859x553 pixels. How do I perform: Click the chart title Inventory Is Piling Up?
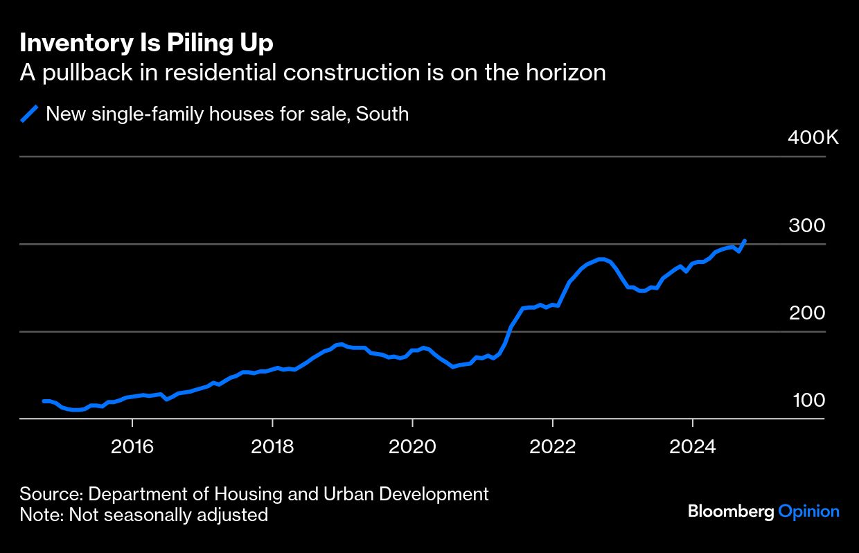point(146,43)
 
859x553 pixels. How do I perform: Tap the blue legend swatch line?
point(30,114)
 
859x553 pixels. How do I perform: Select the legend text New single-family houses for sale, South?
point(227,114)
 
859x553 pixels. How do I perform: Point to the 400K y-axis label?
point(813,137)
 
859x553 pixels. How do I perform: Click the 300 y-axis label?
point(807,225)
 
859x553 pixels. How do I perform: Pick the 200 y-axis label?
point(807,313)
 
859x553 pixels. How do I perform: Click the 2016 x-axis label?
point(132,447)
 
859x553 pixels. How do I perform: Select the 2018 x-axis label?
point(272,447)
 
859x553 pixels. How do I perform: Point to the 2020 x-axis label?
point(412,447)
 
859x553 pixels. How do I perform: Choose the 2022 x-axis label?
point(553,447)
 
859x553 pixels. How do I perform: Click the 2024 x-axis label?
point(693,447)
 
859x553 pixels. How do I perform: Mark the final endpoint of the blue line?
point(745,241)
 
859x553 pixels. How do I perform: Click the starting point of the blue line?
point(44,401)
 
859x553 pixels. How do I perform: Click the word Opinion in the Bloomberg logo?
point(808,511)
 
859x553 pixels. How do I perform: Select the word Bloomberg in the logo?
point(731,511)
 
